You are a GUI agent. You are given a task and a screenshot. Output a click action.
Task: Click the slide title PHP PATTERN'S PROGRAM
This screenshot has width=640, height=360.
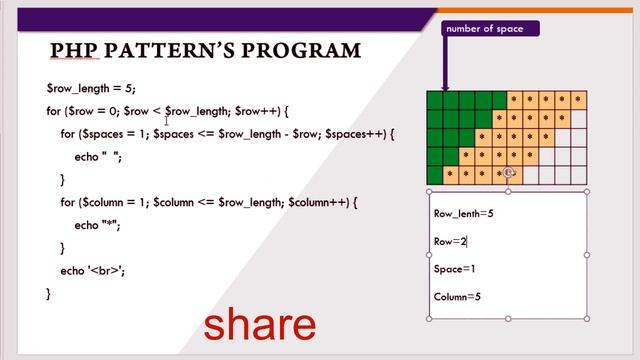coord(205,50)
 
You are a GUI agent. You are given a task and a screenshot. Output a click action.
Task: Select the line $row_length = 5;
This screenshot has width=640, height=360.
coord(91,88)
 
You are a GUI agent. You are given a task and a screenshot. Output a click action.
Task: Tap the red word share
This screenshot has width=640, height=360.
coord(260,325)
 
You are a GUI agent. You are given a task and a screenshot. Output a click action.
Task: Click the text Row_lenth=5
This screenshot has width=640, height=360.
coord(464,213)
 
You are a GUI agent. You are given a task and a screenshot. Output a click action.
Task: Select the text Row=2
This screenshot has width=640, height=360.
coord(450,241)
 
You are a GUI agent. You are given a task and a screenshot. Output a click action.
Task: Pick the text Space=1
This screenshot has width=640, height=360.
coord(455,269)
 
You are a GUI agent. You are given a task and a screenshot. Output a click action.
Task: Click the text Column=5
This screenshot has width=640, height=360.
coord(458,297)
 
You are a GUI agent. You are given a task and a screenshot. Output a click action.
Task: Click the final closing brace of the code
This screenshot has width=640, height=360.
coord(47,293)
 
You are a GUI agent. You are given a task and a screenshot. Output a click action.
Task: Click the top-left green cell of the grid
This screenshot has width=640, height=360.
coord(435,99)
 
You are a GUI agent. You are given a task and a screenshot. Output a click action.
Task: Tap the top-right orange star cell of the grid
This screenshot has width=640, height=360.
coord(577,99)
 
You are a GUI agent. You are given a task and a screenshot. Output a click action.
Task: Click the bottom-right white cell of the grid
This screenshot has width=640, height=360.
coord(577,175)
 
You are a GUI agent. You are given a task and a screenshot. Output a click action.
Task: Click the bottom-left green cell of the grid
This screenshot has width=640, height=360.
coord(435,175)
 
